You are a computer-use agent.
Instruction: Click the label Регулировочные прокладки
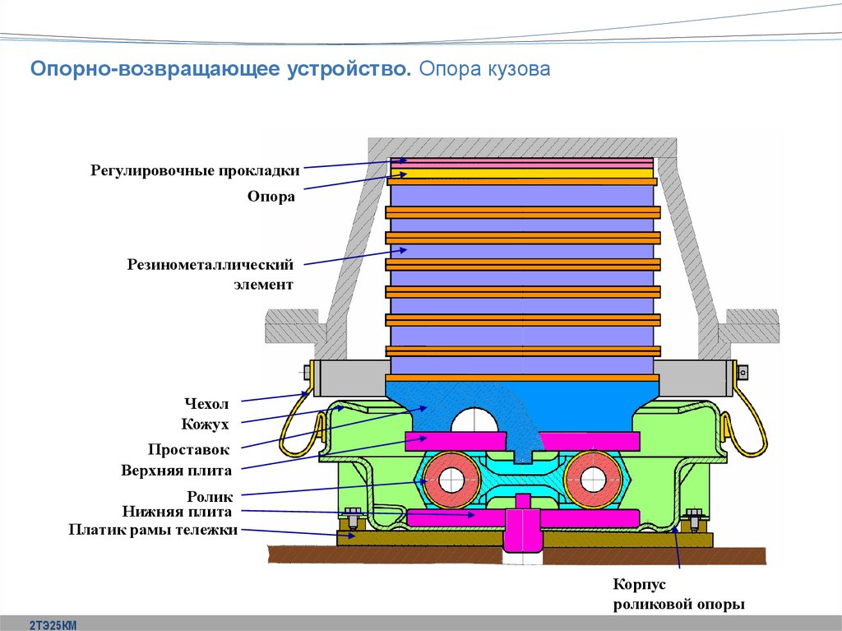tap(195, 171)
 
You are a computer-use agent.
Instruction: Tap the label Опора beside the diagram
tap(271, 197)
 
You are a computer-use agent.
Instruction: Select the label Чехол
tap(206, 404)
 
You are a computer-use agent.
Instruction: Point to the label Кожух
tap(205, 424)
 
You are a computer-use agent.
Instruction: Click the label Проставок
tap(189, 449)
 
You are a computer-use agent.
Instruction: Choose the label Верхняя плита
tap(176, 471)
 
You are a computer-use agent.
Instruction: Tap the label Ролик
tap(210, 497)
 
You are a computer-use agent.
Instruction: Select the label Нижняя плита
tap(177, 512)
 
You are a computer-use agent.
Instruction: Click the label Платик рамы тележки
tap(153, 530)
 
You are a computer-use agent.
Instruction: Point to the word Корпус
tap(639, 584)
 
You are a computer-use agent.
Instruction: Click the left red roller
tap(451, 479)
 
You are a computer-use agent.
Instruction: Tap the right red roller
tap(593, 479)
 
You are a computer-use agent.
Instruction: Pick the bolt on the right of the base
tap(693, 518)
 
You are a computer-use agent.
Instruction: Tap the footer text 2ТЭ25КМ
tap(53, 625)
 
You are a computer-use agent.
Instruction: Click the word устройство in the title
tap(349, 69)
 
